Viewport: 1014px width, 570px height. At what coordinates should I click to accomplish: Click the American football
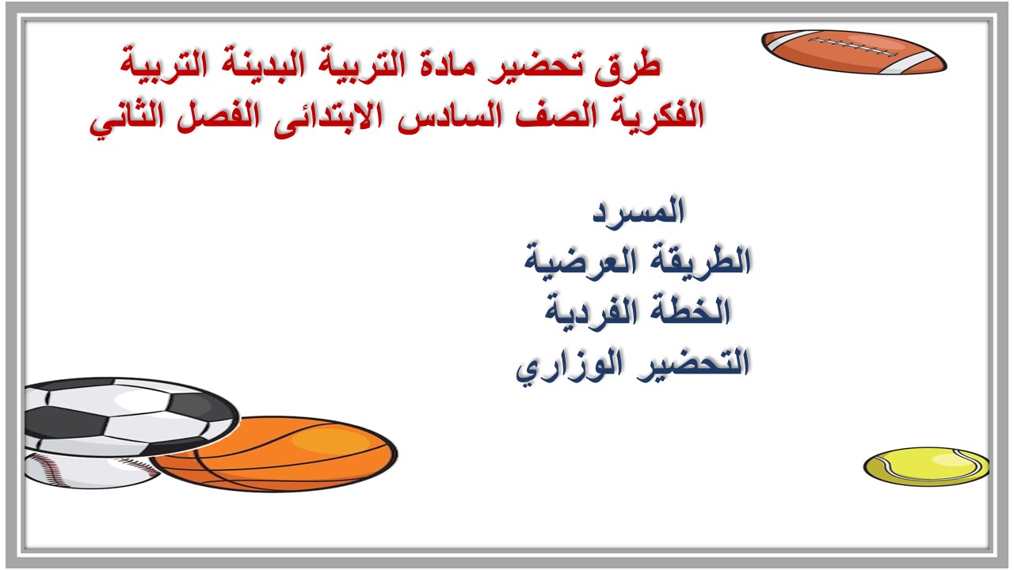pos(854,52)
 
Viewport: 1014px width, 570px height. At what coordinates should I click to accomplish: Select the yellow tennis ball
pos(926,466)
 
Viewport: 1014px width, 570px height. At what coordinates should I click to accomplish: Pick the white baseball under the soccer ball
pos(90,471)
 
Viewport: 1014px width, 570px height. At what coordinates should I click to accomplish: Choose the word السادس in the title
pos(449,116)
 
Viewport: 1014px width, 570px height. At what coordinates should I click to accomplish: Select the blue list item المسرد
pos(639,211)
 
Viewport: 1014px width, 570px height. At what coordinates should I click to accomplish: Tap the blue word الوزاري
pos(570,365)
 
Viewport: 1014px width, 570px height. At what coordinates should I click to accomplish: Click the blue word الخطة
pos(687,312)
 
